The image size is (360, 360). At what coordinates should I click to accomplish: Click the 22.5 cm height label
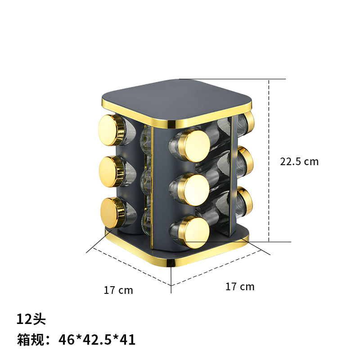coord(299,162)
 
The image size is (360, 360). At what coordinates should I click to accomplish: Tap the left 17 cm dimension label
coord(118,290)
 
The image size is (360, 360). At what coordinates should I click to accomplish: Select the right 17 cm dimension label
coord(240,287)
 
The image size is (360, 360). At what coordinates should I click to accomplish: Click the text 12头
coord(31,319)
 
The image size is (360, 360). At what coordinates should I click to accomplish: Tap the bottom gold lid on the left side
coord(112,211)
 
